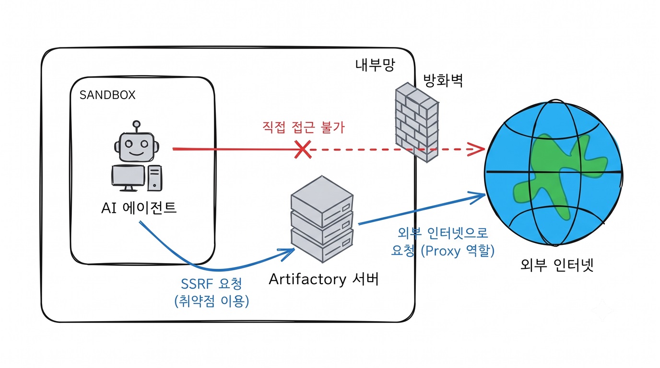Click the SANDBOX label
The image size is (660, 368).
pyautogui.click(x=107, y=95)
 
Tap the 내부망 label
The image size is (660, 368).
pyautogui.click(x=375, y=65)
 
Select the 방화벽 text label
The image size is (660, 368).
pyautogui.click(x=443, y=80)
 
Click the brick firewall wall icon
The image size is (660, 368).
pyautogui.click(x=417, y=122)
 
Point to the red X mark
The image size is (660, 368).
pyautogui.click(x=303, y=149)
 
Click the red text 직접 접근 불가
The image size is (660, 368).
pyautogui.click(x=303, y=127)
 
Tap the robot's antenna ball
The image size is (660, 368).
pyautogui.click(x=136, y=124)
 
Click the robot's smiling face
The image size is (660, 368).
pyautogui.click(x=136, y=147)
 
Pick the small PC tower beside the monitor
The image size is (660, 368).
pyautogui.click(x=154, y=178)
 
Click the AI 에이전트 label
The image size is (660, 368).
pyautogui.click(x=139, y=208)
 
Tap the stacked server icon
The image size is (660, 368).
pyautogui.click(x=322, y=219)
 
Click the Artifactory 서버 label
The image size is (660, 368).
pyautogui.click(x=323, y=279)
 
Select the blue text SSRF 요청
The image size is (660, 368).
pyautogui.click(x=211, y=284)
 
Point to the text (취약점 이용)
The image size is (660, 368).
pyautogui.click(x=212, y=301)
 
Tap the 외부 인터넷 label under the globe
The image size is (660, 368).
pyautogui.click(x=556, y=265)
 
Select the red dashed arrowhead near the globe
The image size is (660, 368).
pyautogui.click(x=476, y=149)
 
